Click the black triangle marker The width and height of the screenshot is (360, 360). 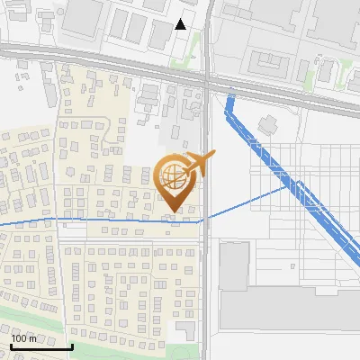click(x=181, y=24)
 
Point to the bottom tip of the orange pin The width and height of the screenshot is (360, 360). click(x=173, y=211)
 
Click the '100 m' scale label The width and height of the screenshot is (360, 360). click(x=24, y=338)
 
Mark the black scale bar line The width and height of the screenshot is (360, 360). click(x=41, y=346)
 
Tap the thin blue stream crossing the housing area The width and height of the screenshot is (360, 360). click(x=90, y=219)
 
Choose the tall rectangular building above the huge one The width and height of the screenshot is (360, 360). click(x=233, y=265)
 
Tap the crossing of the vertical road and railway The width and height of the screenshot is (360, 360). click(x=206, y=82)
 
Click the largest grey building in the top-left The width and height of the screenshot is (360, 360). click(x=84, y=16)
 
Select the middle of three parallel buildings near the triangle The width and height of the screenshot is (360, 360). click(x=138, y=29)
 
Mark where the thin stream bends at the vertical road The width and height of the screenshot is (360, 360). click(x=201, y=219)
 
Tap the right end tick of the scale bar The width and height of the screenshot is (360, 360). click(x=72, y=345)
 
